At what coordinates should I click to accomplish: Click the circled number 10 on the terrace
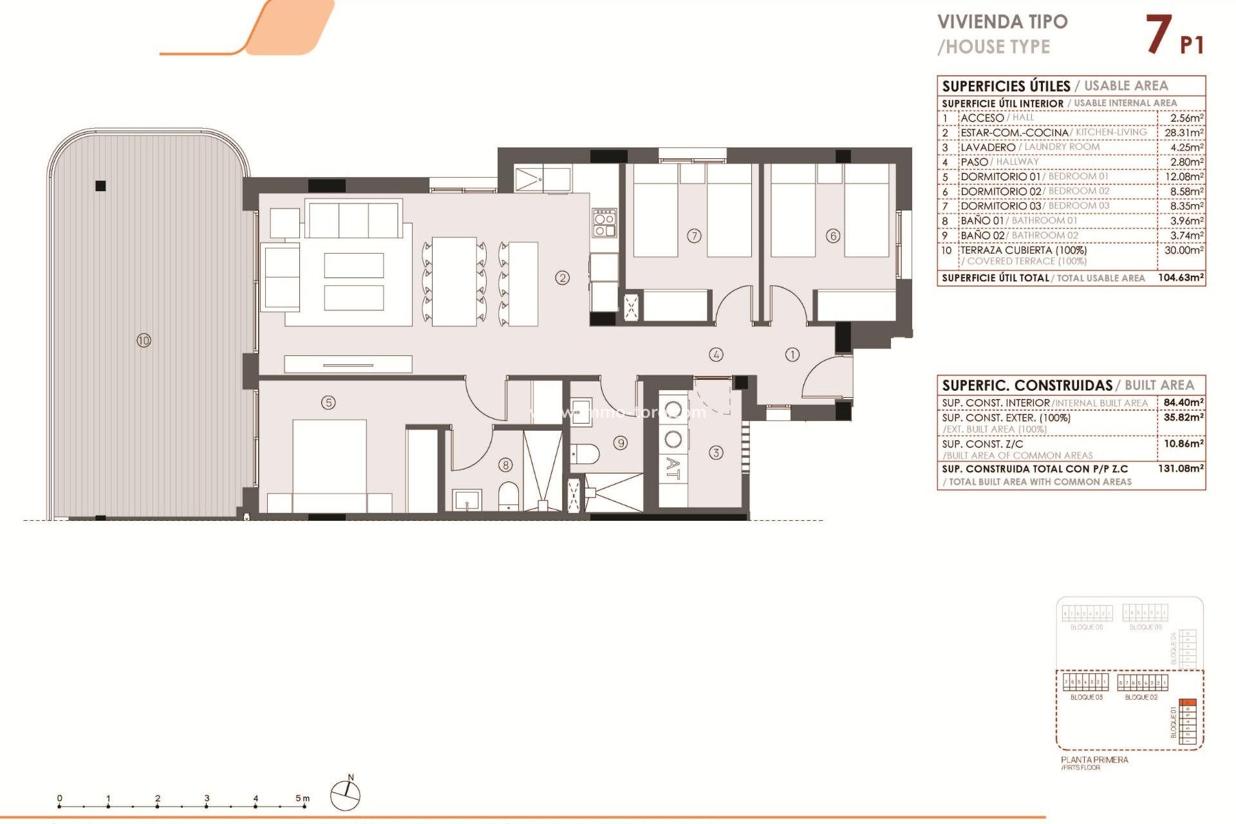[144, 341]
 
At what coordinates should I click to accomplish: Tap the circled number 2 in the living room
[563, 278]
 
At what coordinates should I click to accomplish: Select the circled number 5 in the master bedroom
[328, 403]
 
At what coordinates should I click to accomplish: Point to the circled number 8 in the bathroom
[506, 465]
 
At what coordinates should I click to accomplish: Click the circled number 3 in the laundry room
[716, 453]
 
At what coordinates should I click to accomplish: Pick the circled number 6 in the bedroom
[833, 236]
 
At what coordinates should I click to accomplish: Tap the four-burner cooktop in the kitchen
[604, 223]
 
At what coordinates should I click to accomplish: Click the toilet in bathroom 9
[585, 454]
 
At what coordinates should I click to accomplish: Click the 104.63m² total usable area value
[1181, 277]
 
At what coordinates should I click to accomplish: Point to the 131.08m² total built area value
[1181, 469]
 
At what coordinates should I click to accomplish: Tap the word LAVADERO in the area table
[988, 147]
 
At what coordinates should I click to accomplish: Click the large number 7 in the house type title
[1158, 35]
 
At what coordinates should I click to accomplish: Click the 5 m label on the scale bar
[302, 798]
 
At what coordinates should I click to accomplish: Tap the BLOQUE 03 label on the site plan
[1086, 697]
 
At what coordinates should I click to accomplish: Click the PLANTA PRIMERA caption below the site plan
[1094, 760]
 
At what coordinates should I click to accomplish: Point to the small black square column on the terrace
[100, 186]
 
